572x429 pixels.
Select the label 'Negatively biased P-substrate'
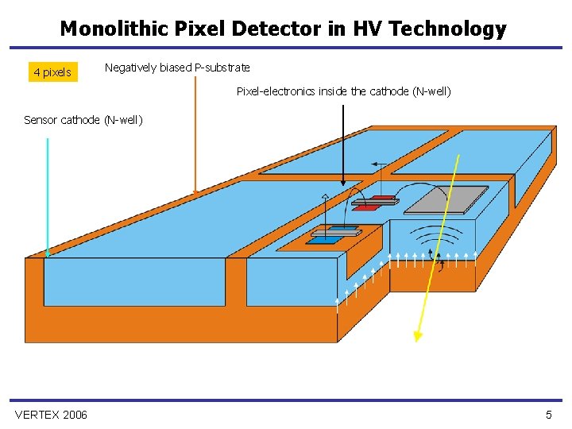point(177,68)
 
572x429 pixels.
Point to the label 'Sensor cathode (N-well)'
point(83,120)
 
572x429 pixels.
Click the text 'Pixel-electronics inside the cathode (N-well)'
point(343,91)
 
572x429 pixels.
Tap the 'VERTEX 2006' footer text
point(51,415)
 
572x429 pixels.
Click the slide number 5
point(548,415)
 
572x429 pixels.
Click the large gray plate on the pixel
point(446,200)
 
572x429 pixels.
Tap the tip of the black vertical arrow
point(343,184)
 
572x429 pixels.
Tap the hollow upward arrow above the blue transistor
point(325,199)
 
